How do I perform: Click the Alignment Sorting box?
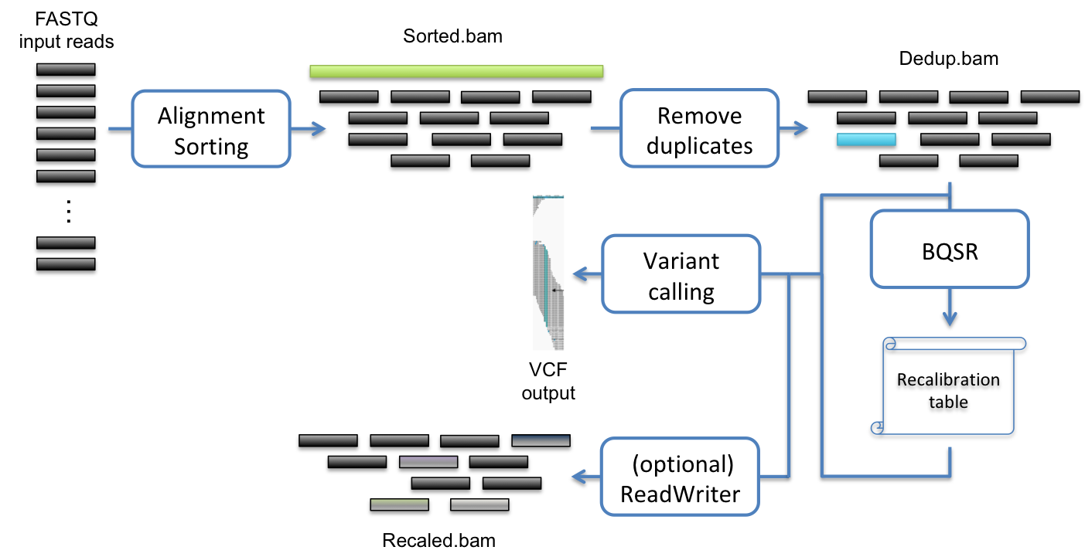(211, 128)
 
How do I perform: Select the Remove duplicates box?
(699, 128)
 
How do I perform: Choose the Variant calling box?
(681, 274)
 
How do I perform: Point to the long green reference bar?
(456, 71)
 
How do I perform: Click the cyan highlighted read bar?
(866, 139)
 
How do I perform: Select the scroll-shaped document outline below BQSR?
(950, 386)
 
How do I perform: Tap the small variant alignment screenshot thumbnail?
(548, 272)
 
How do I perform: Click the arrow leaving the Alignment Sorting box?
(309, 128)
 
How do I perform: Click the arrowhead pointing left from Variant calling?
(578, 274)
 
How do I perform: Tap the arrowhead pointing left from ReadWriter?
(578, 477)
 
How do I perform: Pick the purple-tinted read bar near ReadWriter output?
(428, 461)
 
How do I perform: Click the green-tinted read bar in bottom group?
(399, 504)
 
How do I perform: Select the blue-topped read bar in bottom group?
(541, 440)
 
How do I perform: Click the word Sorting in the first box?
(211, 146)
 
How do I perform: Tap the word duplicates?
(699, 146)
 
